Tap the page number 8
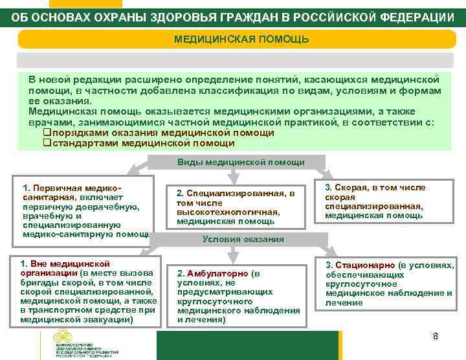coord(436,336)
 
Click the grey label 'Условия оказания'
coord(243,239)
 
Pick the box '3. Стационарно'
coord(389,284)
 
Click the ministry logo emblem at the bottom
coord(63,337)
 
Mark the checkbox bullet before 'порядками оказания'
coord(47,133)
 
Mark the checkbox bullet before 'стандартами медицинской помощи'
coord(47,143)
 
